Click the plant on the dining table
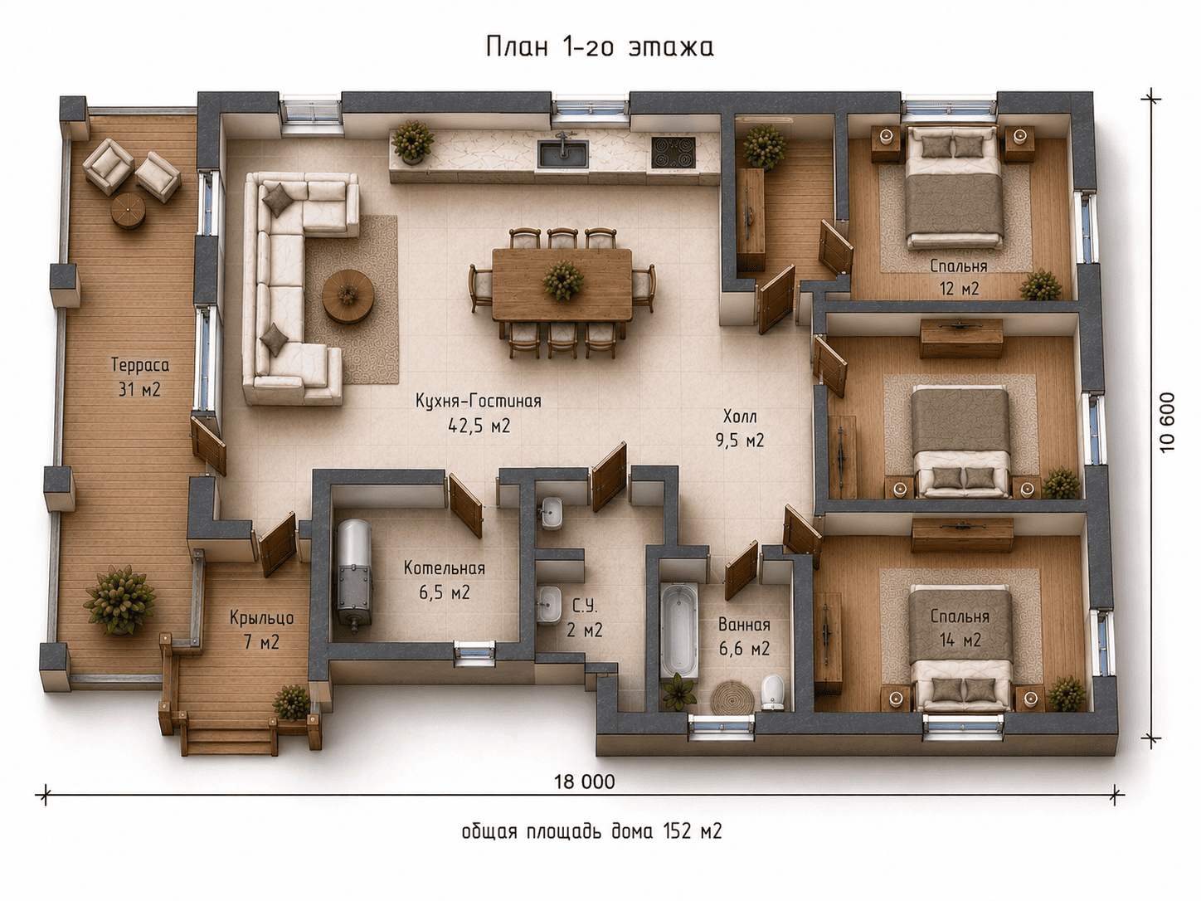click(562, 280)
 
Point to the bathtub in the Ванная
click(679, 631)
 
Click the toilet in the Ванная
click(772, 691)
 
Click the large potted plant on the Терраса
click(119, 600)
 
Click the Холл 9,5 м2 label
click(740, 429)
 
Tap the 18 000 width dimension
click(585, 782)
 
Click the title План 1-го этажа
click(600, 47)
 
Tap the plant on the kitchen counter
click(412, 141)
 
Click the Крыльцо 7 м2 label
click(261, 630)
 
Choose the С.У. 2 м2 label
click(585, 618)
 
